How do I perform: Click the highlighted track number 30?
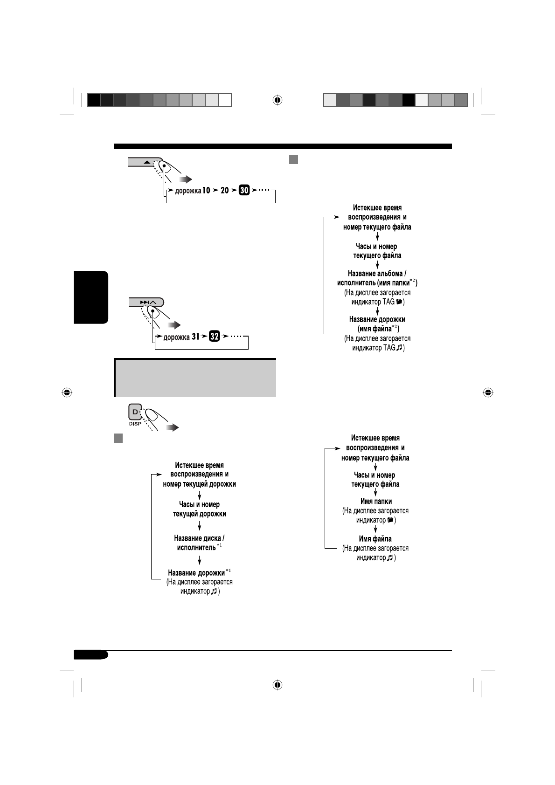(x=244, y=190)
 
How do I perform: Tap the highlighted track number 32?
(x=214, y=337)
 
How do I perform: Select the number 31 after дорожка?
(x=197, y=337)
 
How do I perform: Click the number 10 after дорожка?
(x=206, y=190)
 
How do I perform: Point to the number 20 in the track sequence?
(x=225, y=190)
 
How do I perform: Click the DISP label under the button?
(x=135, y=424)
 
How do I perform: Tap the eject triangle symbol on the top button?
(x=147, y=162)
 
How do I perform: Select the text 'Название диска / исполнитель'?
(x=199, y=543)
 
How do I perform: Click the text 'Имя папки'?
(x=376, y=502)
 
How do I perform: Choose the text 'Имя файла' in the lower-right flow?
(x=375, y=539)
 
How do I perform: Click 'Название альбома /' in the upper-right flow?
(x=377, y=274)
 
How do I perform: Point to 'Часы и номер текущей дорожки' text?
(x=199, y=509)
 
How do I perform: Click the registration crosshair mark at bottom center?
(x=277, y=685)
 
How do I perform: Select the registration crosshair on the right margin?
(x=488, y=392)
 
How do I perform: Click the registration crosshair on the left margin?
(x=67, y=392)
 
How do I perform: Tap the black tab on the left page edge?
(x=91, y=297)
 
